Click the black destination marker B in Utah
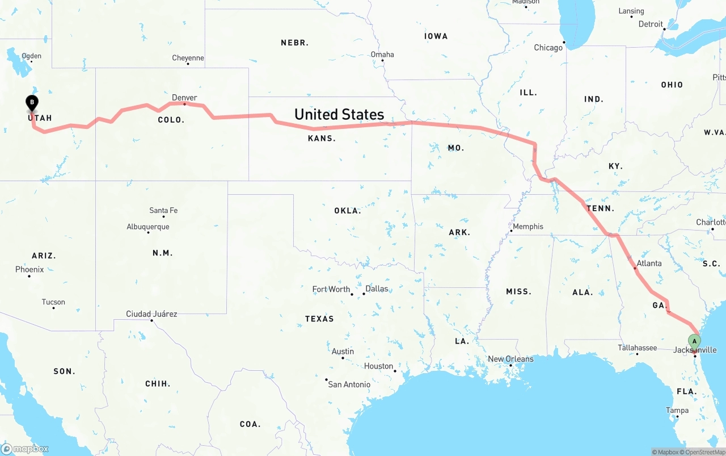pos(32,103)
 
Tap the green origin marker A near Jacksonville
pos(694,341)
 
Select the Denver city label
pos(184,98)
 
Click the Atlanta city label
pos(649,263)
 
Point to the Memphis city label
pos(528,227)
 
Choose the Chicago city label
pos(548,48)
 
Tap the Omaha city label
pos(382,55)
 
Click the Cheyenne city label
pos(188,58)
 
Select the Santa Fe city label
pos(163,211)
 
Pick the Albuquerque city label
pos(147,227)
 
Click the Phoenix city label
pos(29,270)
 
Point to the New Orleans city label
pos(510,359)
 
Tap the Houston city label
pos(378,366)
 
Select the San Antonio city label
pos(349,384)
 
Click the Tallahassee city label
pos(638,348)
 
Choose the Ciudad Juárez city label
pos(151,314)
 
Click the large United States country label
pos(339,115)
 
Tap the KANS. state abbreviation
pos(322,139)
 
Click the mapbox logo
pos(25,449)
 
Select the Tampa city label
pos(677,411)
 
